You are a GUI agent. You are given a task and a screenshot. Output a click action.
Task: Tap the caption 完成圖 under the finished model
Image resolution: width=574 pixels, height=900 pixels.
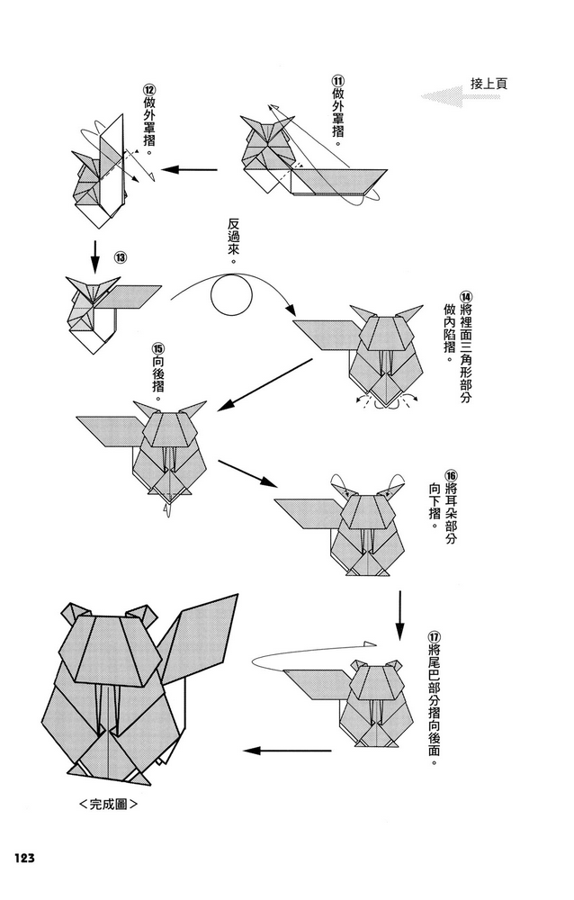pos(108,803)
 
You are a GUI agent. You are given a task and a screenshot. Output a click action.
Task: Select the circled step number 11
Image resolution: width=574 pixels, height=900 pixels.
pos(338,80)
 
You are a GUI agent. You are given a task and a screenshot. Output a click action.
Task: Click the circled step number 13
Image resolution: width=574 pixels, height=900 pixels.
pos(119,256)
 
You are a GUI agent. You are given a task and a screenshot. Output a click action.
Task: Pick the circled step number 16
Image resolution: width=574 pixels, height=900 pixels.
pos(451,474)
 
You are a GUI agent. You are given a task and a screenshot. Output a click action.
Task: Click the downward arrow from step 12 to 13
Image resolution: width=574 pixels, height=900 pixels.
pos(94,255)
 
